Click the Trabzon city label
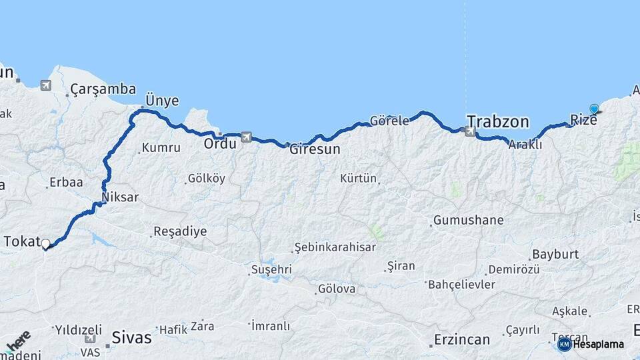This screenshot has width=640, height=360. (x=497, y=121)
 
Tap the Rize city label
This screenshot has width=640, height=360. (x=583, y=120)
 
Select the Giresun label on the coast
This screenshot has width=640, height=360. (x=315, y=149)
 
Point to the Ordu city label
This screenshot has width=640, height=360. (x=220, y=143)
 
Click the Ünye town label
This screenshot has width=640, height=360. (x=162, y=101)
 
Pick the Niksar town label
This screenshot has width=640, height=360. (x=120, y=197)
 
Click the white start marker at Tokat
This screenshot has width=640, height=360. (x=46, y=244)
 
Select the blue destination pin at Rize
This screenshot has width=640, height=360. (x=594, y=109)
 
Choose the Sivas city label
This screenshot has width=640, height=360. (x=132, y=337)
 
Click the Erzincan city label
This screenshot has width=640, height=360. (x=462, y=339)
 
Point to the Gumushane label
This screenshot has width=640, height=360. (x=469, y=220)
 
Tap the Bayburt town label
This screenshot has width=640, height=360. (x=555, y=255)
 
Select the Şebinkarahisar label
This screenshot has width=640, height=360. (x=336, y=247)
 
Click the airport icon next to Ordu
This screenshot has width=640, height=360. (x=246, y=137)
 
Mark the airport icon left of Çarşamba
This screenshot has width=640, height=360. (x=45, y=85)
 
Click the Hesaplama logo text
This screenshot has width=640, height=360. (x=598, y=345)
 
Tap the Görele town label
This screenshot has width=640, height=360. (x=389, y=121)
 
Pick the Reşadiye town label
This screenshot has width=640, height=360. (x=180, y=231)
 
